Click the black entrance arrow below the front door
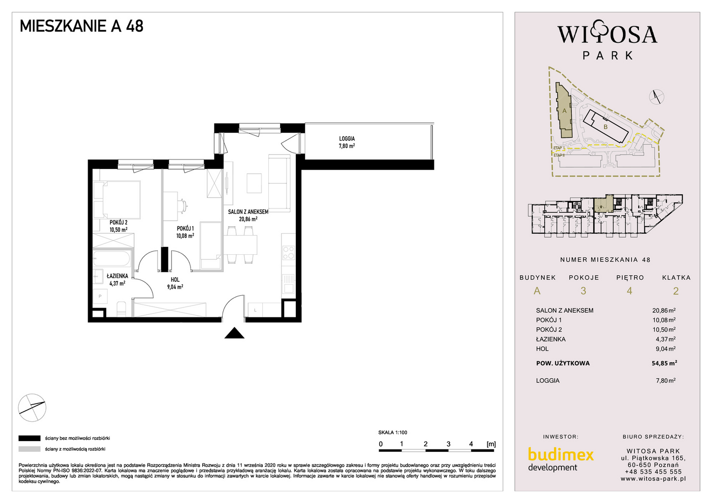tap(234, 333)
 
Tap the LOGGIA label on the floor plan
tap(347, 139)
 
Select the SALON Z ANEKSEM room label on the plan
tap(248, 211)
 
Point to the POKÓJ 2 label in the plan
tap(118, 223)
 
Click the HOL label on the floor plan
tap(175, 280)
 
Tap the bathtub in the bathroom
tap(112, 258)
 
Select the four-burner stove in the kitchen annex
tap(289, 253)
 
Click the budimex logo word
tap(561, 455)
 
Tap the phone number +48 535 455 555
tap(653, 472)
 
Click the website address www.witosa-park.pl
tap(653, 478)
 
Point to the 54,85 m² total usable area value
tap(664, 363)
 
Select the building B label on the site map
tap(605, 127)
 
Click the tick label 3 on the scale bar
tap(449, 444)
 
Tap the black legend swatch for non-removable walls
tap(29, 438)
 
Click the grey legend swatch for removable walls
tap(29, 449)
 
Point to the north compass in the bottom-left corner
tap(32, 408)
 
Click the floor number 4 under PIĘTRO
tap(630, 291)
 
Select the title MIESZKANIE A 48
tap(82, 26)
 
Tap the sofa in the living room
tap(279, 183)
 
